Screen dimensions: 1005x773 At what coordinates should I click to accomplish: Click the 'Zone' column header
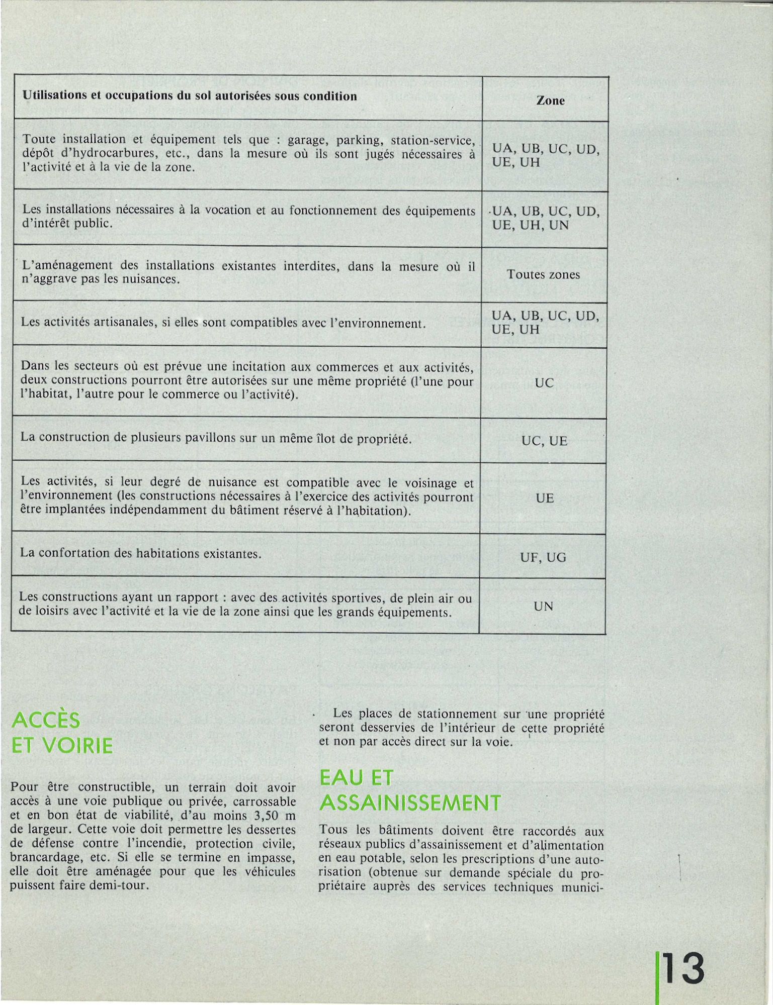(550, 100)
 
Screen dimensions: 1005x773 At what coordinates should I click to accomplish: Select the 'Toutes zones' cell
(543, 274)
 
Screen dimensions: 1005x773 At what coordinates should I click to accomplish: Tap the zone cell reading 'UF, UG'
(543, 557)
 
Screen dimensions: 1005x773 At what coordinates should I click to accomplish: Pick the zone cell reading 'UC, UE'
(544, 441)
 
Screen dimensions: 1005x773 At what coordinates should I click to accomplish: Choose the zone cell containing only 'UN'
(543, 607)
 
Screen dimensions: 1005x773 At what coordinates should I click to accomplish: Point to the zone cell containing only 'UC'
(544, 383)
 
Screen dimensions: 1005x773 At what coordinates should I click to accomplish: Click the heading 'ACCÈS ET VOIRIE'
(62, 734)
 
